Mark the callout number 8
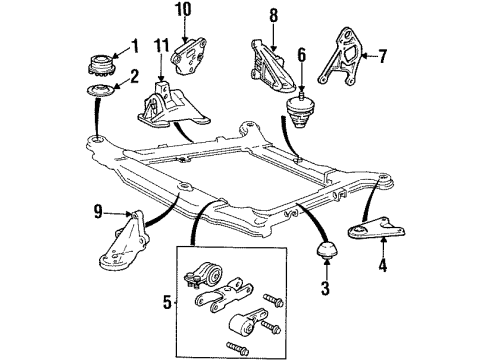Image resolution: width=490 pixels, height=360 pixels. pos(272,15)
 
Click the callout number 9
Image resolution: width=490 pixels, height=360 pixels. pos(98,212)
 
